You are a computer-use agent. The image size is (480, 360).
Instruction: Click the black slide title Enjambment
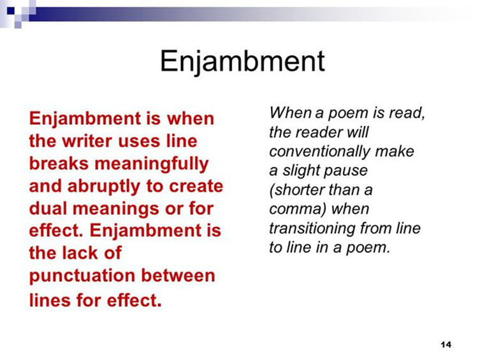[x=242, y=62]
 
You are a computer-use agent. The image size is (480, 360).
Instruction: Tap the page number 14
[x=446, y=345]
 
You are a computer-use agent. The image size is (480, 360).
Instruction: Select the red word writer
[x=88, y=141]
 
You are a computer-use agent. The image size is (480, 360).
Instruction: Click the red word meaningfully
[x=152, y=164]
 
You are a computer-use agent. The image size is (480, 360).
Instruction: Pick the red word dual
[x=48, y=208]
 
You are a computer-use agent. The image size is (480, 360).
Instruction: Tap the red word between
[x=178, y=275]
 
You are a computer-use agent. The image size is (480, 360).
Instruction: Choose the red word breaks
[x=59, y=164]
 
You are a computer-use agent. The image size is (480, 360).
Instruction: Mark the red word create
[x=196, y=186]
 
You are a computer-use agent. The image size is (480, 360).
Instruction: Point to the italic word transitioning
[x=312, y=229]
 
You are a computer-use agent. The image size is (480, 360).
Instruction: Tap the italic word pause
[x=349, y=171]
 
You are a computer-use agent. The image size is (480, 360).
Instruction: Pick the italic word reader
[x=318, y=133]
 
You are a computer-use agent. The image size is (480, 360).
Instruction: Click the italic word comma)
[x=295, y=209]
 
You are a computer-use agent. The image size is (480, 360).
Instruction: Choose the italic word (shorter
[x=295, y=191]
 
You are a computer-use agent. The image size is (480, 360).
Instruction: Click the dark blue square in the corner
[x=11, y=11]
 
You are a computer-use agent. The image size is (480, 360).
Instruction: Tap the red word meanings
[x=116, y=210]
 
